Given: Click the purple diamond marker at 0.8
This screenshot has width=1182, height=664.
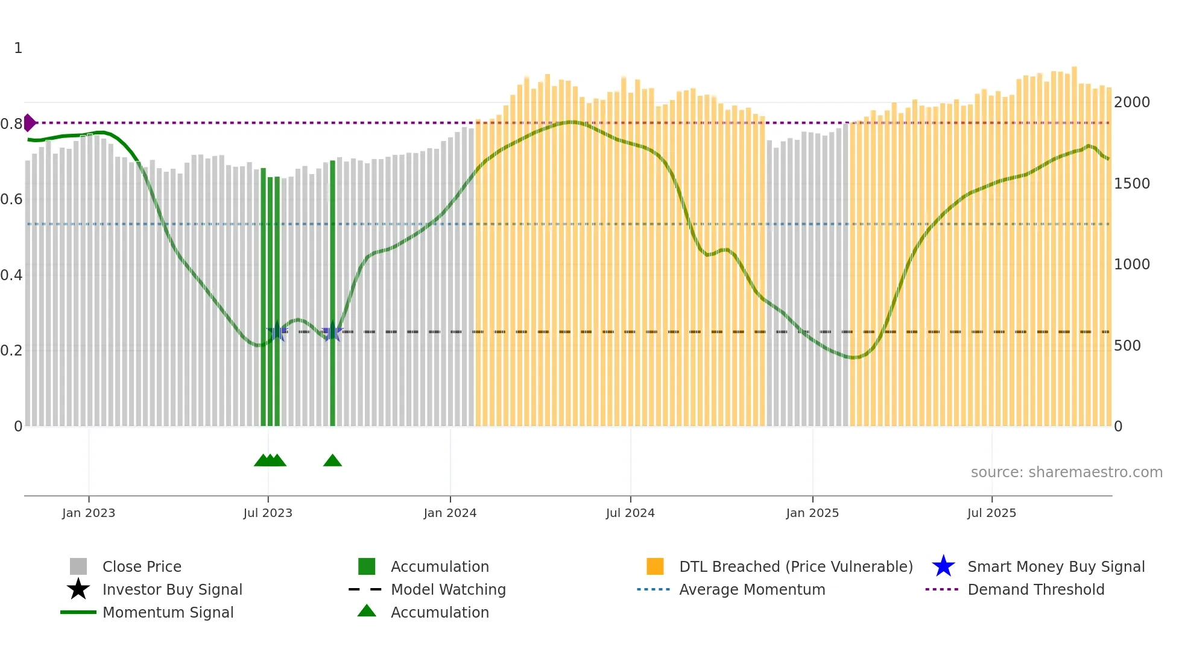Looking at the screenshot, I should coord(30,122).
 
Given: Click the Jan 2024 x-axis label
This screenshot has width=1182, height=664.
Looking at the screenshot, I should coord(450,513).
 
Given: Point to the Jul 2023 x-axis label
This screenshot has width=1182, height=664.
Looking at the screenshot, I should coord(268,513).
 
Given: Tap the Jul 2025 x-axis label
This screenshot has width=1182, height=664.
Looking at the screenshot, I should coord(991,513).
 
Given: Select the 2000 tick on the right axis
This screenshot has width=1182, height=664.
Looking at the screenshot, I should coord(1131,102).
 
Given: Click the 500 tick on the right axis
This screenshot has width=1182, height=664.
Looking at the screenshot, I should coord(1127,346).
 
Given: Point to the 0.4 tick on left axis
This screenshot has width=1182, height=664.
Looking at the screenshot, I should coord(11,275).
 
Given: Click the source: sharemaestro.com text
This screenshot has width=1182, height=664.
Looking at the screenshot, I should coord(1066,472).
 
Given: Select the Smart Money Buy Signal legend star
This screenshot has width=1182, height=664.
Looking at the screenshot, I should coord(943,566).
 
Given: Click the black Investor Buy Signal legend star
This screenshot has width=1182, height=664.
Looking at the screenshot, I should coord(78,589).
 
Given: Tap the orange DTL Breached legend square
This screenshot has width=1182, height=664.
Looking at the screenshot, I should coord(655,566).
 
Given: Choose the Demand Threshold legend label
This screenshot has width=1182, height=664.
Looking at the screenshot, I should coord(1035,589).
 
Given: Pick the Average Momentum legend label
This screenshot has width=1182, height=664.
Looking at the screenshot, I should coord(752,589).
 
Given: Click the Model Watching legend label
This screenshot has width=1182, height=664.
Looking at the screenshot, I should coord(448,589).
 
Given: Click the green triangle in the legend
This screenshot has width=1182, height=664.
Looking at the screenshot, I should coord(367,611).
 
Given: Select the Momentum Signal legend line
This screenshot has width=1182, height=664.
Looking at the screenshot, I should coord(78,612).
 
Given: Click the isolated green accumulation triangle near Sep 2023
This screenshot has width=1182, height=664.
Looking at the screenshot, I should coord(332,461).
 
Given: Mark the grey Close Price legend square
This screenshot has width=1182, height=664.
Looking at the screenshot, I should coord(78,566).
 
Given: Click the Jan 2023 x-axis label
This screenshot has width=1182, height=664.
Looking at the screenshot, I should coord(89,513).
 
